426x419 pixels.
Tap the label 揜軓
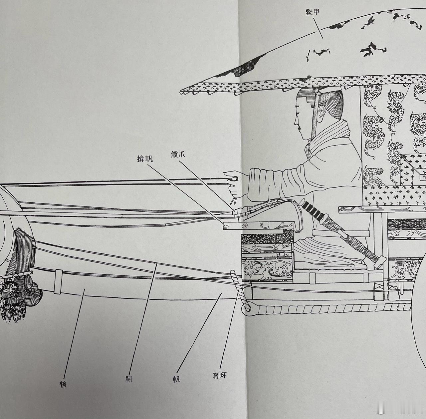coord(145,159)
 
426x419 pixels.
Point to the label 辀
coord(63,384)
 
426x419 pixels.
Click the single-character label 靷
coord(128,379)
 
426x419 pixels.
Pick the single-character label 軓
coord(176,379)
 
